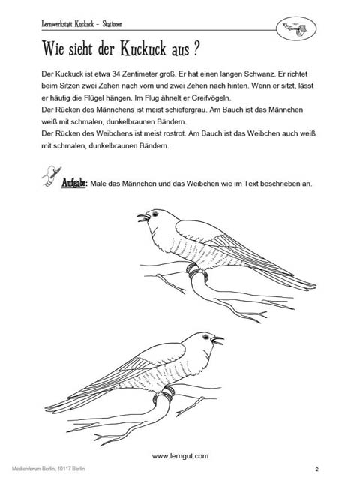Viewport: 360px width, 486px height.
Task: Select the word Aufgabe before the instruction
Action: point(73,184)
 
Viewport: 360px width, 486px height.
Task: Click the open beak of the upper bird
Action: point(142,218)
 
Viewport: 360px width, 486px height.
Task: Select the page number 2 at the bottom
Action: point(317,470)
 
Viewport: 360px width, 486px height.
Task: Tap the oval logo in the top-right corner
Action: point(298,28)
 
